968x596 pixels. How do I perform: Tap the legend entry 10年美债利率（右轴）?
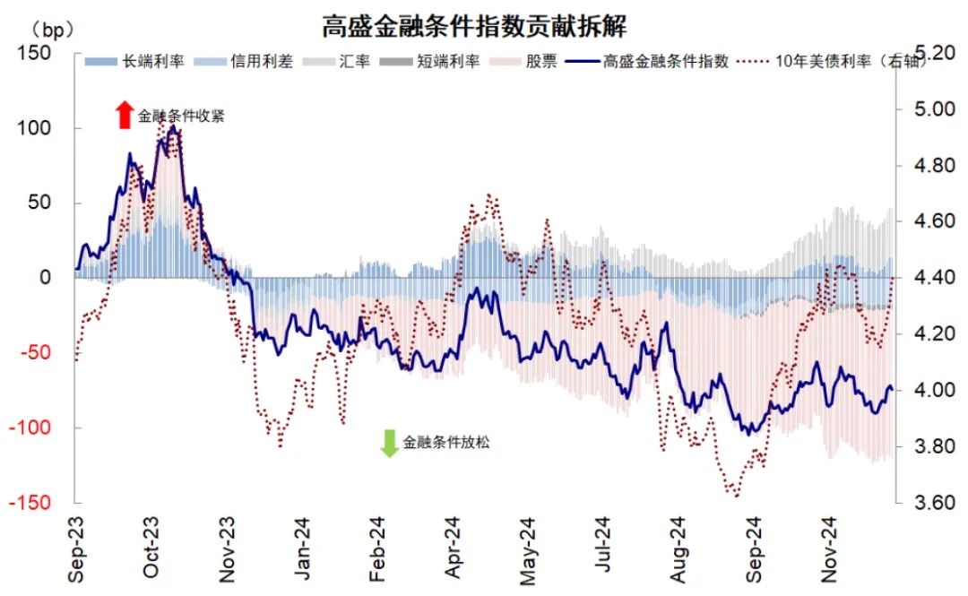click(x=828, y=62)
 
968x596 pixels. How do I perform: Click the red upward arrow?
click(x=124, y=114)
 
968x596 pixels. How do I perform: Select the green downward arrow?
click(x=388, y=443)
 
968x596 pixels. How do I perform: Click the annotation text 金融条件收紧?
click(x=180, y=116)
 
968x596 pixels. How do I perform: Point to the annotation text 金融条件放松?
click(x=446, y=442)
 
